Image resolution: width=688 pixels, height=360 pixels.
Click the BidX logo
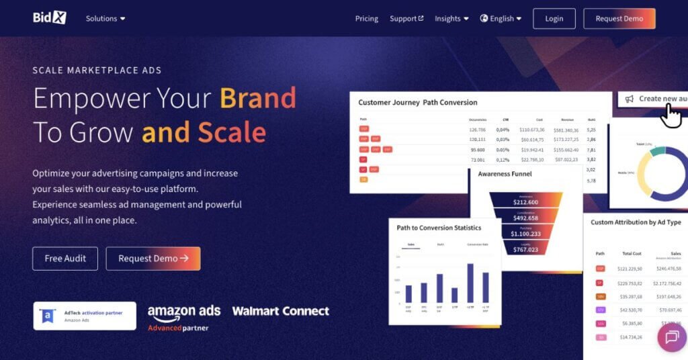click(x=50, y=18)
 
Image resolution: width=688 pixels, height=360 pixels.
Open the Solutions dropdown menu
click(x=105, y=19)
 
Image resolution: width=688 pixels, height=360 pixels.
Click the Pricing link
click(x=366, y=19)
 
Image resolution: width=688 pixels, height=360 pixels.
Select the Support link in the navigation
click(x=406, y=19)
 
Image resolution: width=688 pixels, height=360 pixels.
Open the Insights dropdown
click(x=451, y=19)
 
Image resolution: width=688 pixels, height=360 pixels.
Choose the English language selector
click(x=501, y=19)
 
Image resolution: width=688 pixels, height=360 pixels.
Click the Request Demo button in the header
click(x=619, y=19)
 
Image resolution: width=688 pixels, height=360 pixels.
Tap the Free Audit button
click(x=65, y=259)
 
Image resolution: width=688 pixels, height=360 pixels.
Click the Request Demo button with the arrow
click(x=153, y=259)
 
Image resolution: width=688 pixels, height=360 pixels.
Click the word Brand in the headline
click(x=258, y=98)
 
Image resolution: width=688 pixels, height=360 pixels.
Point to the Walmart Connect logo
click(x=280, y=311)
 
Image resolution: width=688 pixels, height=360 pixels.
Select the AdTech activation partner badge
click(x=85, y=316)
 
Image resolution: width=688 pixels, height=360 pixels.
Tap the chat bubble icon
click(x=672, y=337)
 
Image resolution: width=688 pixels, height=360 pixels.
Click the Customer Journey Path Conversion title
click(x=417, y=103)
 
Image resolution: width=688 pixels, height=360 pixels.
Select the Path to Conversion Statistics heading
click(x=439, y=228)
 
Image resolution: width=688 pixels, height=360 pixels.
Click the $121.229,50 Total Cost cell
click(x=630, y=269)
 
